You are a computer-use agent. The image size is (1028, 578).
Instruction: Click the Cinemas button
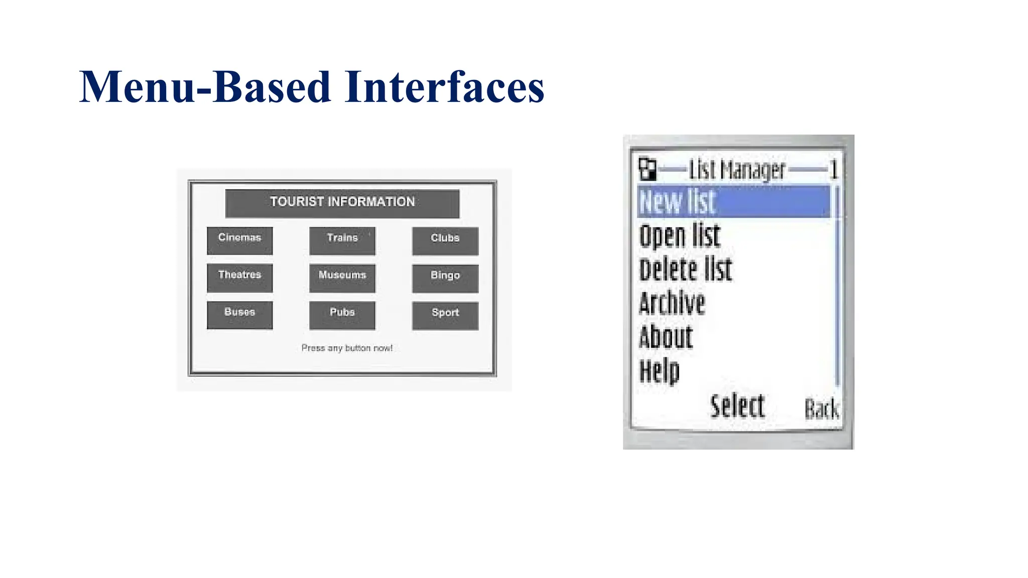[239, 240]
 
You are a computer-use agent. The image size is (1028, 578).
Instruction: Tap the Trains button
[342, 241]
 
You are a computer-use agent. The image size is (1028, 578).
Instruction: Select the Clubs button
[445, 241]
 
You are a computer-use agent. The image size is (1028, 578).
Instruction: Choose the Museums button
[342, 278]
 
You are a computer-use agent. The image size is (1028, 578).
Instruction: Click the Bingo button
[445, 278]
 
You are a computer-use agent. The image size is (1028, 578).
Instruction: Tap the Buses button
[239, 315]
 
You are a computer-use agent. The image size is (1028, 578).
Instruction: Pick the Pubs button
[342, 315]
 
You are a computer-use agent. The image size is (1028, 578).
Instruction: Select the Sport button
[445, 315]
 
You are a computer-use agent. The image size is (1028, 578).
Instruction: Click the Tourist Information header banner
[342, 203]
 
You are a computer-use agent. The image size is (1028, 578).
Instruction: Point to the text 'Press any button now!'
[347, 348]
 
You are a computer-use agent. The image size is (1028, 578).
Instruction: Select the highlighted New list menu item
[733, 202]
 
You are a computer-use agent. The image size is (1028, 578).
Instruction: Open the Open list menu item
[680, 236]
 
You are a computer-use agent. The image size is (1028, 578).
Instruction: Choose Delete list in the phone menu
[685, 269]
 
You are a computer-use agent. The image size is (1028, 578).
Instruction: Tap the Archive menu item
[672, 303]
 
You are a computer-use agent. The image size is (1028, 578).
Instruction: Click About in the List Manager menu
[666, 337]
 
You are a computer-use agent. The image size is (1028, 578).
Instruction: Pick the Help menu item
[659, 371]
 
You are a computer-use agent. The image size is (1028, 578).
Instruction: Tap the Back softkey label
[821, 409]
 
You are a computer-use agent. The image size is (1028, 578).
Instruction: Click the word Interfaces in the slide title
[444, 87]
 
